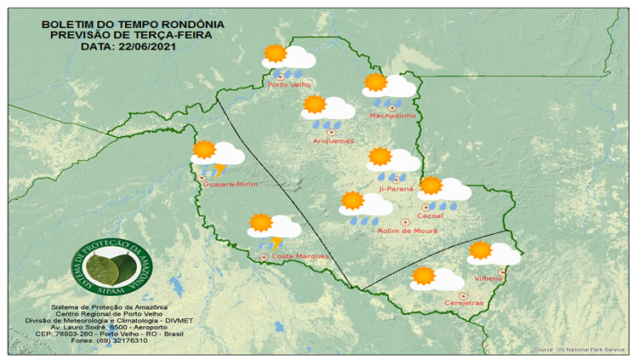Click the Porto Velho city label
[288, 85]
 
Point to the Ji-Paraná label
[396, 188]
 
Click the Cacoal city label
[430, 216]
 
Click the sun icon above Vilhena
[480, 250]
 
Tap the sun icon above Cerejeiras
[423, 277]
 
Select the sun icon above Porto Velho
[275, 54]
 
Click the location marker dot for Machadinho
[392, 108]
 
